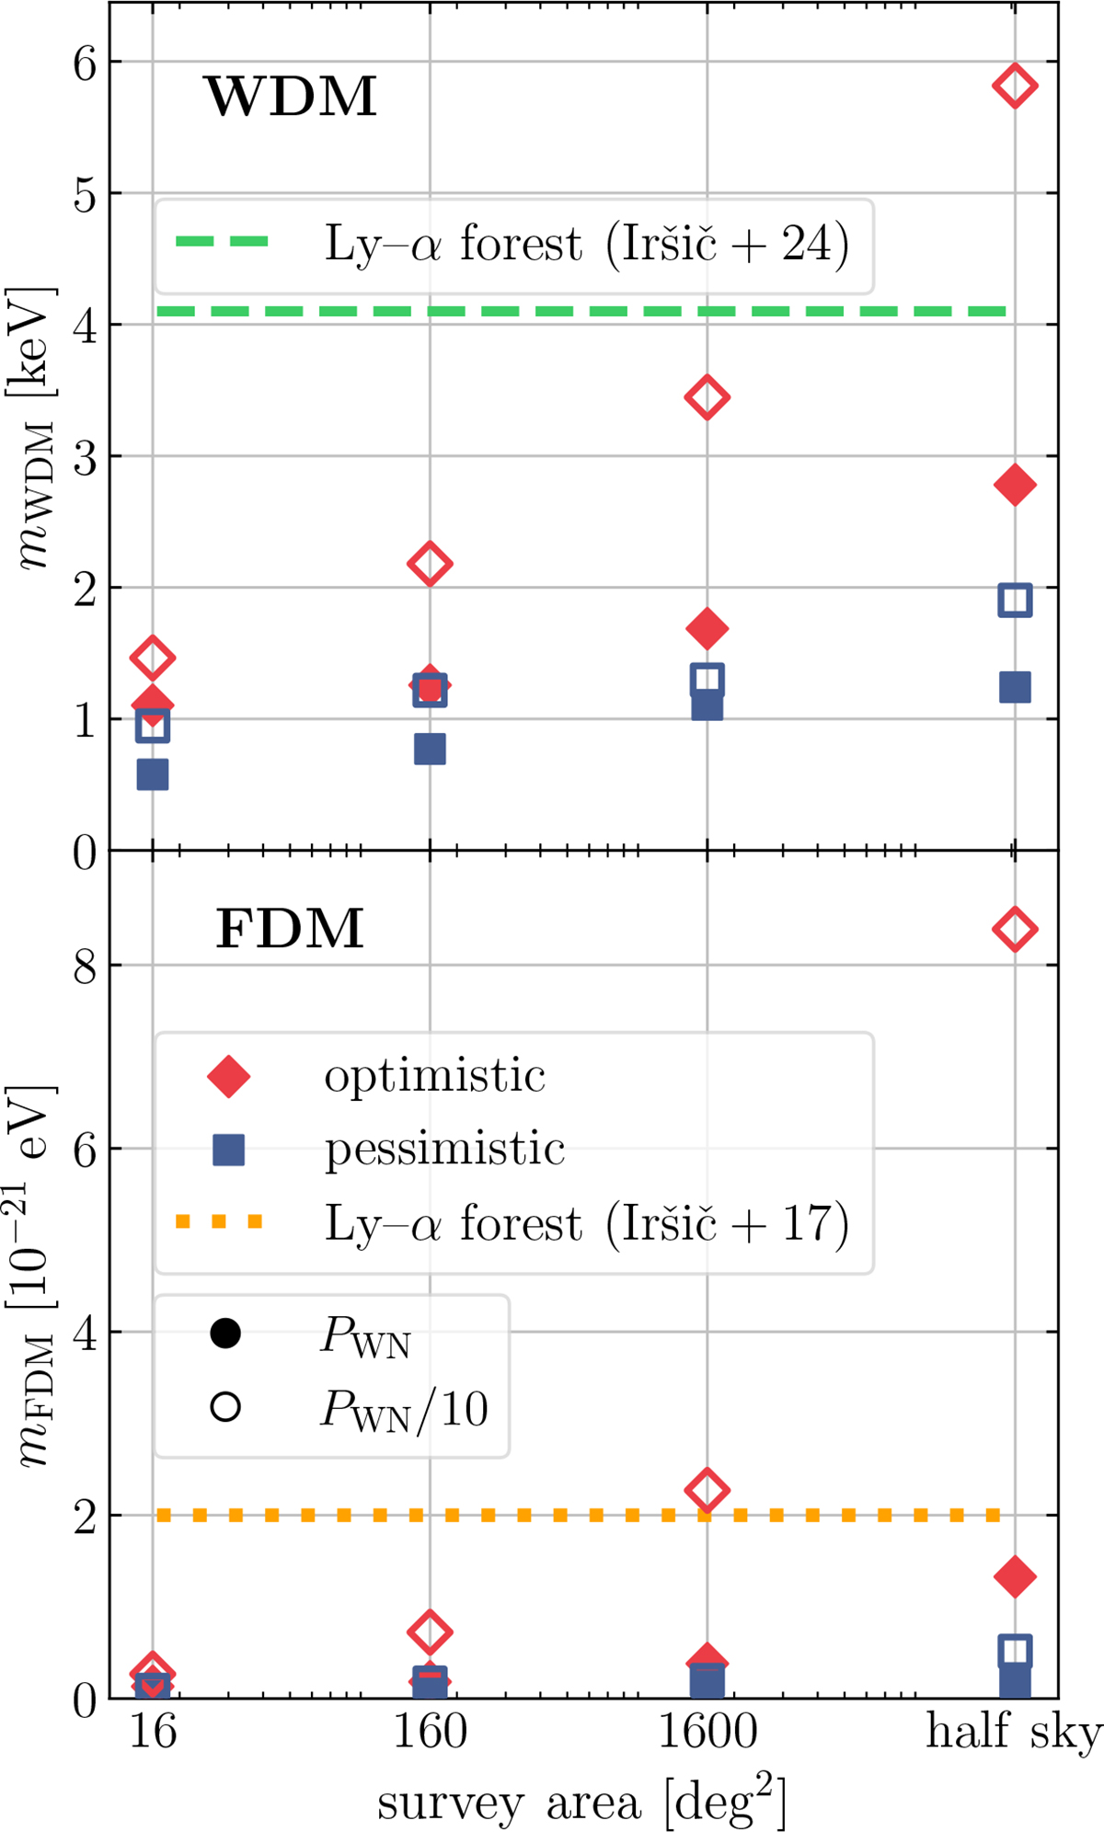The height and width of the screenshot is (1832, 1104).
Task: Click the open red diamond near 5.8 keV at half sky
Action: coord(1014,86)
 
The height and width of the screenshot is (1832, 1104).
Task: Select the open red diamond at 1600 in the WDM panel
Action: coord(707,397)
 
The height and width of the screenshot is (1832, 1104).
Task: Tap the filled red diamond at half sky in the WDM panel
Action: coord(1014,485)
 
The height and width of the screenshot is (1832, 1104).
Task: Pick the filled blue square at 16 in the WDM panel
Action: coord(153,774)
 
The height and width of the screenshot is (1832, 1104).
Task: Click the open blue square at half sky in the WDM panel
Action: coord(1014,600)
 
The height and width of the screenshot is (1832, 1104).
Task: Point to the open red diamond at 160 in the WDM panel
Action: coord(430,563)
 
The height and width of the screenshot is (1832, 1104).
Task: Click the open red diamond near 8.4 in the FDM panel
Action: coord(1014,929)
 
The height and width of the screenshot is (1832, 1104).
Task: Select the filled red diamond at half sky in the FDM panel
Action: coord(1014,1575)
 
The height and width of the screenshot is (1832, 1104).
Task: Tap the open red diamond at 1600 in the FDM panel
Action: coord(707,1489)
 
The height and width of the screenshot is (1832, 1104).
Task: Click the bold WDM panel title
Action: coord(291,97)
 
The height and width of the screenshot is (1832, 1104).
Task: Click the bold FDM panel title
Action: coord(291,929)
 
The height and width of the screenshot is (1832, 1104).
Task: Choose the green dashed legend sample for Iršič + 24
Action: coord(222,243)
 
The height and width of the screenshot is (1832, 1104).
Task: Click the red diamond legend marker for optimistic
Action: coord(228,1076)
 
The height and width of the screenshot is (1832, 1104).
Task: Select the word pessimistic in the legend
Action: coord(444,1150)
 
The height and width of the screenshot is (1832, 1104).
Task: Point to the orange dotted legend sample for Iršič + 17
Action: coord(220,1222)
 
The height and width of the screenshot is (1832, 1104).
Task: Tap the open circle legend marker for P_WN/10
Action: coord(225,1407)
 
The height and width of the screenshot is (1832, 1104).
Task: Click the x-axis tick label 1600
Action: coord(707,1733)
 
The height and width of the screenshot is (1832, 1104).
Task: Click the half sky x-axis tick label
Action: coord(1012,1733)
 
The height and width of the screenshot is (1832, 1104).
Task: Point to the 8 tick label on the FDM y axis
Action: coord(86,967)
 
